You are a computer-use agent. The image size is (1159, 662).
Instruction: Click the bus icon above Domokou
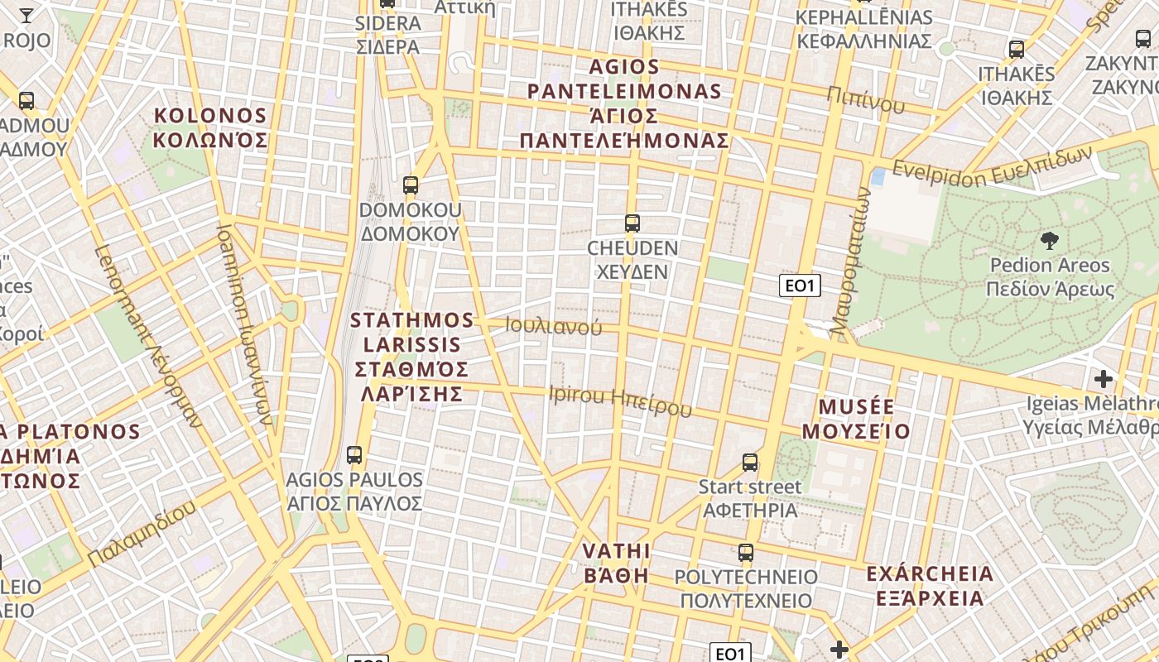pyautogui.click(x=411, y=185)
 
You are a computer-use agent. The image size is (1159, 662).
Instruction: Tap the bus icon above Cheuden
pyautogui.click(x=632, y=223)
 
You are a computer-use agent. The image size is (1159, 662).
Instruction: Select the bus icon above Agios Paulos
pyautogui.click(x=354, y=454)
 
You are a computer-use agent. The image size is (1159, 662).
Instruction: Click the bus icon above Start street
pyautogui.click(x=750, y=462)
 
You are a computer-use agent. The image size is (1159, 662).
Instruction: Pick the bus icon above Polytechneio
pyautogui.click(x=746, y=552)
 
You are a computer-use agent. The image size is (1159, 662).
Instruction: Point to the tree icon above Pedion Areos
pyautogui.click(x=1050, y=241)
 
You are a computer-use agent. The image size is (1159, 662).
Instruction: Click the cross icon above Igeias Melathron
pyautogui.click(x=1103, y=379)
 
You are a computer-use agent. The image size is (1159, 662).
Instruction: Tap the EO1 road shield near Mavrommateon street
pyautogui.click(x=800, y=286)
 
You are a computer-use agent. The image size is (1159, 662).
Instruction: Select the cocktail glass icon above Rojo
pyautogui.click(x=26, y=15)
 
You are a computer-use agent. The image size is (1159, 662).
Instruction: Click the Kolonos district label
pyautogui.click(x=211, y=127)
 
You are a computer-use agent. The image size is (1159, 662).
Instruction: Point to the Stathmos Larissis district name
pyautogui.click(x=411, y=356)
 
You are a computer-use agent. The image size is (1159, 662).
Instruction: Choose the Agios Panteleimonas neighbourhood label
pyautogui.click(x=624, y=103)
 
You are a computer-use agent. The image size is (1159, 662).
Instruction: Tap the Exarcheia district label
pyautogui.click(x=930, y=585)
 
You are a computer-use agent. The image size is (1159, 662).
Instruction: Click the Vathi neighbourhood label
pyautogui.click(x=616, y=563)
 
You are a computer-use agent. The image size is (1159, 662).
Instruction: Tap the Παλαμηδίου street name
pyautogui.click(x=142, y=534)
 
